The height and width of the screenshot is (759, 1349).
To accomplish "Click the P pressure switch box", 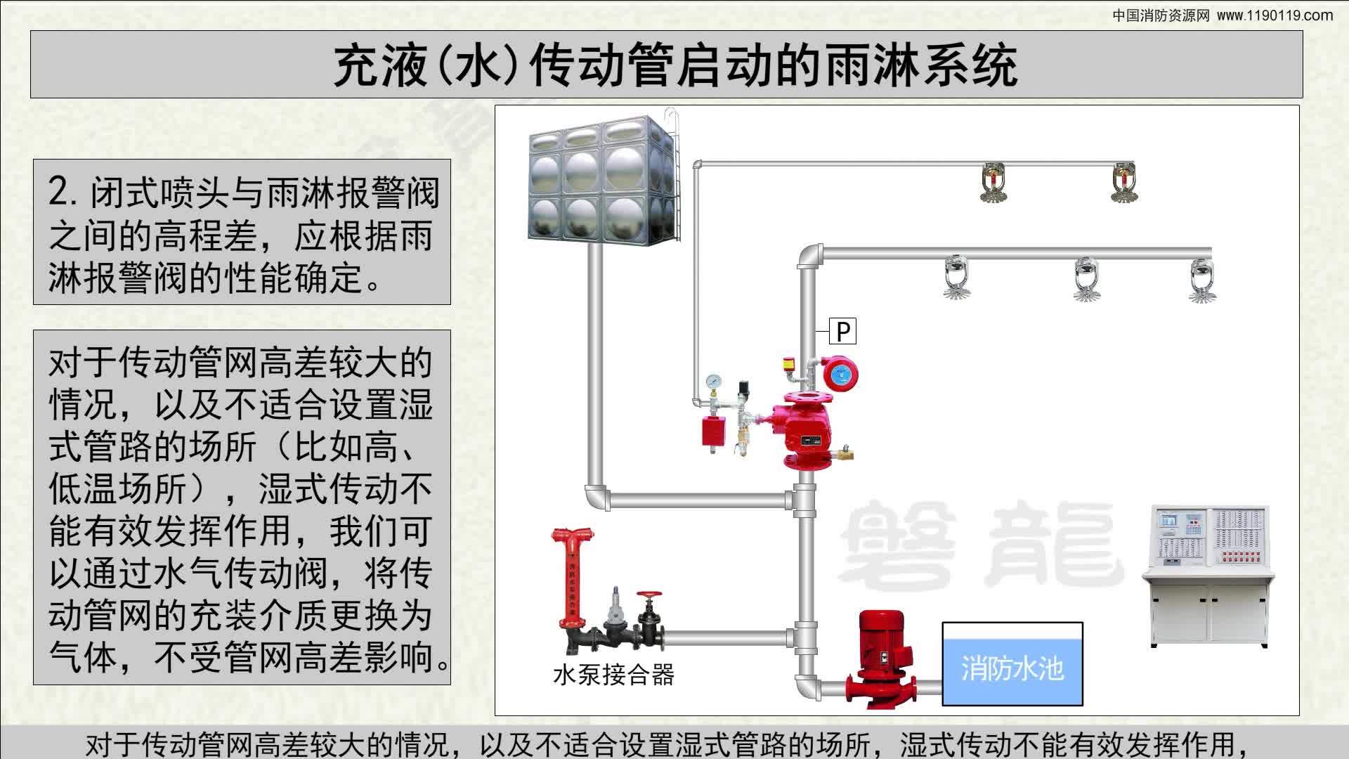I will (x=842, y=330).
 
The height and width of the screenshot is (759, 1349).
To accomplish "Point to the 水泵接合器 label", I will (x=613, y=675).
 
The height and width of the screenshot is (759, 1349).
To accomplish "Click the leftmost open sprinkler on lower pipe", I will (x=956, y=278).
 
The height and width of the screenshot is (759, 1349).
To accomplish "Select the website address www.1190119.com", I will (x=1275, y=15).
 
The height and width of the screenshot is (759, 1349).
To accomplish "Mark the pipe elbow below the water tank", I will (x=596, y=498).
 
